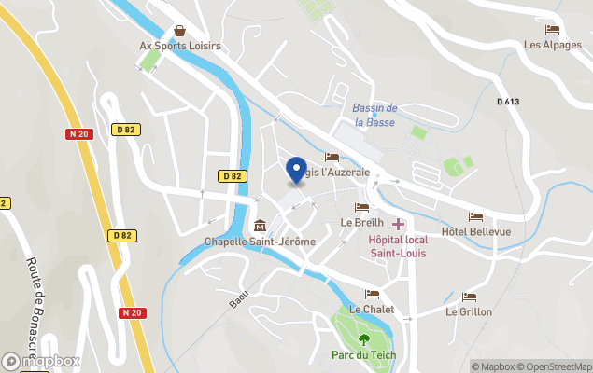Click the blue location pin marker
coord(297,169)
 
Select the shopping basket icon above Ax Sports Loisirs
coord(178,30)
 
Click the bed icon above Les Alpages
coord(552,30)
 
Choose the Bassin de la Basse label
coord(374,115)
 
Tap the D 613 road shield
coord(508,101)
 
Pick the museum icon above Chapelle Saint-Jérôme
coord(260,226)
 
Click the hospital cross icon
coord(399,224)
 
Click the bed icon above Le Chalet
coord(372,295)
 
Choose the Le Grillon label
coord(469,311)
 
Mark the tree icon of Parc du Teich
coord(363,339)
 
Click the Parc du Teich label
coord(363,355)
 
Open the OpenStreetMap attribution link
coord(558,366)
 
